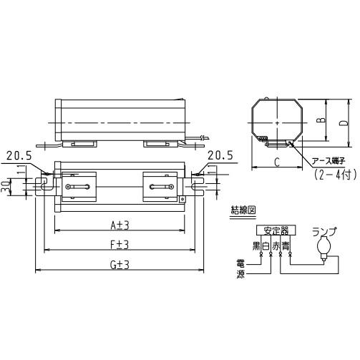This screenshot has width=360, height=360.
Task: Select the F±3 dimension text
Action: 120,244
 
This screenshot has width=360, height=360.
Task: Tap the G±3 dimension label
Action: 120,264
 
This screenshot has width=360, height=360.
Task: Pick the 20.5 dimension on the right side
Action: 220,155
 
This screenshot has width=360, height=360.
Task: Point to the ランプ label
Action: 330,231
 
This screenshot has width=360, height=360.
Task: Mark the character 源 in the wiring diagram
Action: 241,274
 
